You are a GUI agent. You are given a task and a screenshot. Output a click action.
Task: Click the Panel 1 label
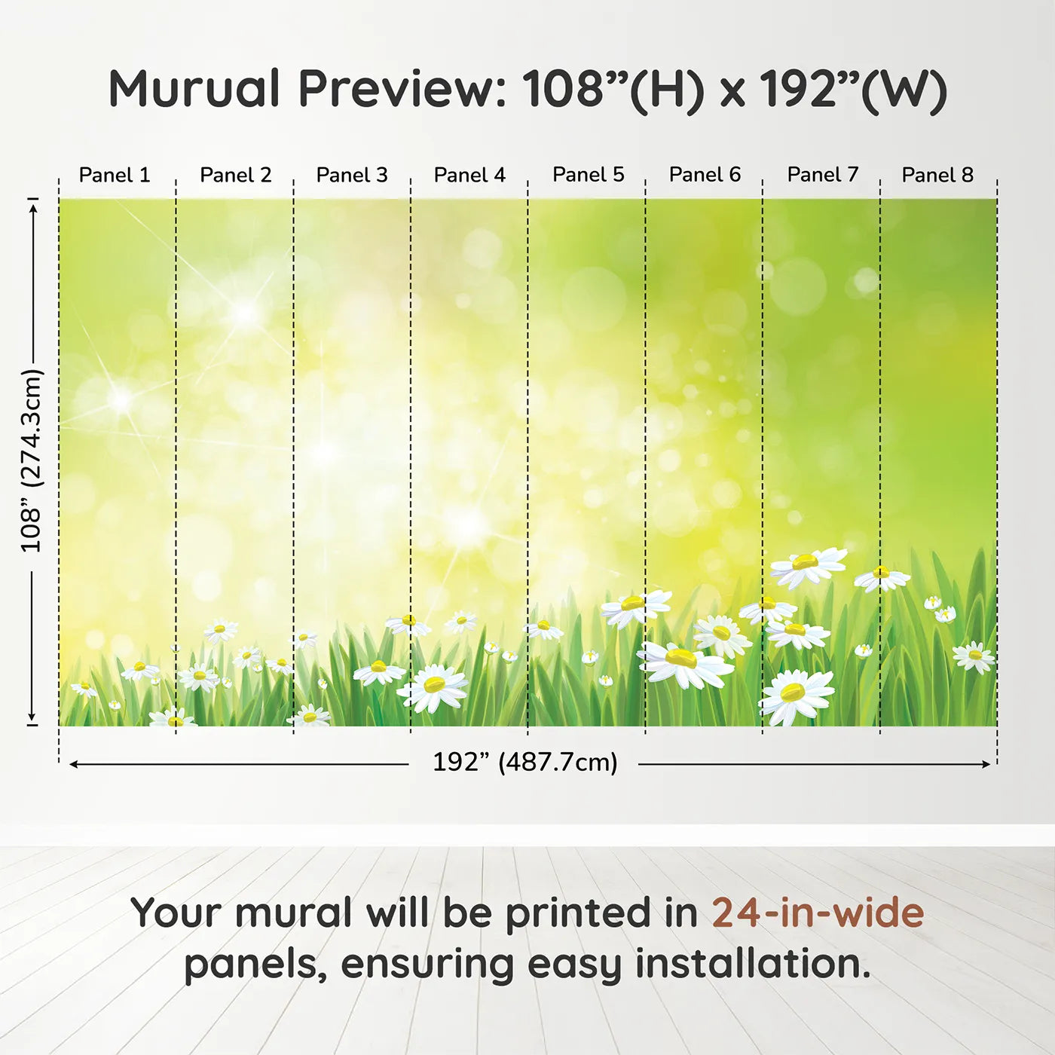click(115, 175)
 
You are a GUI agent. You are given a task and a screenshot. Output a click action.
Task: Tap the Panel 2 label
click(235, 175)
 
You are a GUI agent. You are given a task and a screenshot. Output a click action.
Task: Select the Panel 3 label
click(352, 175)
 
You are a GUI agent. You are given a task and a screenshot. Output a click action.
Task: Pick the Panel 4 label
click(469, 175)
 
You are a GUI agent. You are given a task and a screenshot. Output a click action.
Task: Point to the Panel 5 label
click(588, 175)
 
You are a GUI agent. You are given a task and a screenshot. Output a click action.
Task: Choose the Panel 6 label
click(705, 175)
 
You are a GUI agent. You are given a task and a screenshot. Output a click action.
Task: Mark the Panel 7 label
click(822, 175)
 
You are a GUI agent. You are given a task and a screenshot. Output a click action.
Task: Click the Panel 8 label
click(937, 175)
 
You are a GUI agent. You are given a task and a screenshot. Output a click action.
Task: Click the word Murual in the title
click(194, 88)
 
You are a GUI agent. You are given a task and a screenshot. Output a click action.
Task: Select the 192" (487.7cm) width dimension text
click(525, 763)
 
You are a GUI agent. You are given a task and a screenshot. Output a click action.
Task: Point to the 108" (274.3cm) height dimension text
click(31, 460)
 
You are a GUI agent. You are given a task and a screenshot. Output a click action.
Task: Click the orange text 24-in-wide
click(818, 913)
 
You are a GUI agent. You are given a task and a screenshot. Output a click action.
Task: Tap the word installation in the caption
click(752, 964)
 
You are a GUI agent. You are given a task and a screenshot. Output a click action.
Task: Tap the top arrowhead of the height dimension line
click(33, 209)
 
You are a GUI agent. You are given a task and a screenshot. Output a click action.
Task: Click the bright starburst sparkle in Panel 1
click(121, 399)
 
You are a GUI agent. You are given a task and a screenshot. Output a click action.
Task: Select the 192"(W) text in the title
click(853, 91)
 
